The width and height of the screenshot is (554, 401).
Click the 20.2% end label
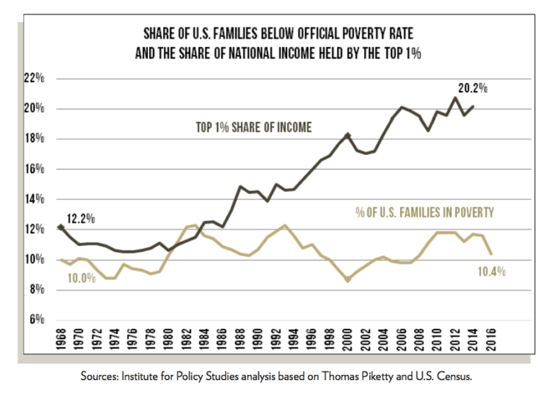click(473, 89)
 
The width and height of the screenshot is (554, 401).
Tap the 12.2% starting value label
click(82, 217)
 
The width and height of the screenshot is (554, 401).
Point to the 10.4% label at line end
click(491, 272)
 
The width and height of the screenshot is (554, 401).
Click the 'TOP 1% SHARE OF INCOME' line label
click(254, 128)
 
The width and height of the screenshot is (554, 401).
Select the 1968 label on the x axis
click(61, 340)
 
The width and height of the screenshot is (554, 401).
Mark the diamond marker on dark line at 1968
click(61, 227)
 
